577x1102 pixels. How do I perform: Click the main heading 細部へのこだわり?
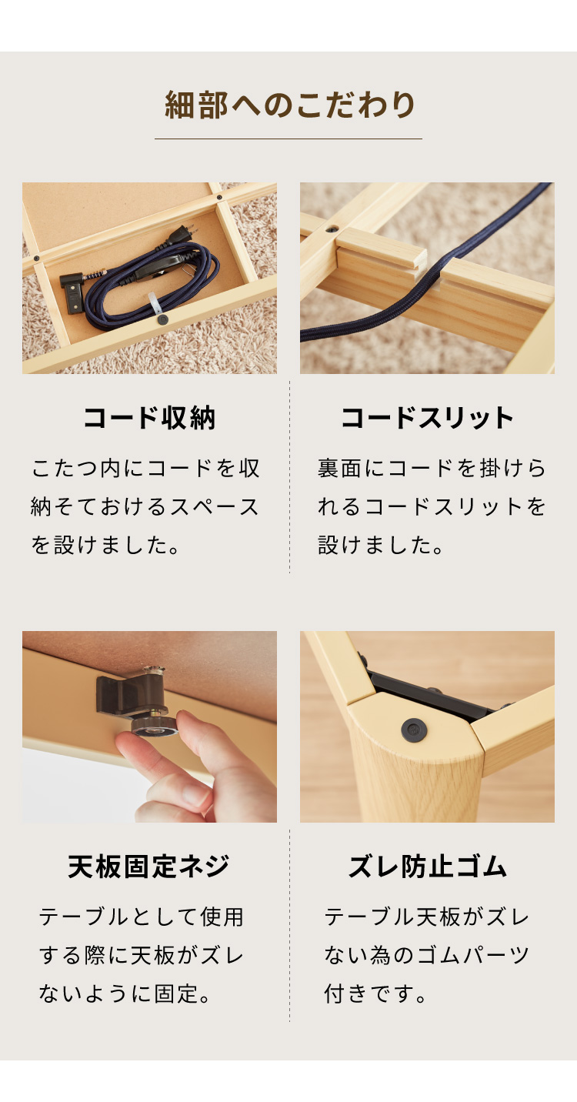[289, 105]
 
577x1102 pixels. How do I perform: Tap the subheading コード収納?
[149, 418]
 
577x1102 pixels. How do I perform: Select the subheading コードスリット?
[427, 418]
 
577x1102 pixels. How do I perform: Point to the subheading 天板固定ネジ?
[149, 867]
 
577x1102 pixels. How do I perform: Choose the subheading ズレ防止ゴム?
[427, 867]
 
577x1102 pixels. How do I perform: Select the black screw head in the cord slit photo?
[334, 229]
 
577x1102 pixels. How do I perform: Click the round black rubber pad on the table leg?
[414, 730]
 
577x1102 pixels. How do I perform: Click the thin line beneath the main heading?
[288, 139]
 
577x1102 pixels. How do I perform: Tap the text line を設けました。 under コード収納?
[105, 545]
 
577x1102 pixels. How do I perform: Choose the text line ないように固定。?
[125, 993]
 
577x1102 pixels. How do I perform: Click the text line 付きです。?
[375, 993]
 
